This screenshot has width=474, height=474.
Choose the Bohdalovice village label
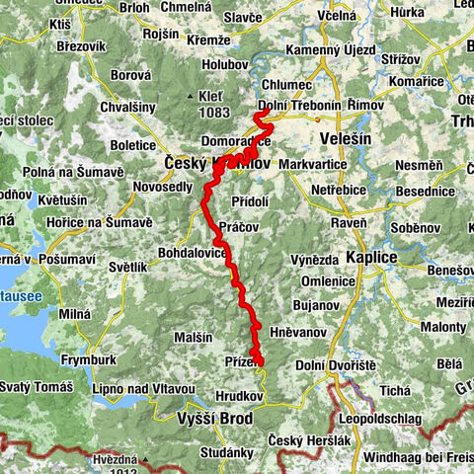coord(194,254)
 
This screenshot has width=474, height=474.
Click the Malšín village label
coord(193,337)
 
